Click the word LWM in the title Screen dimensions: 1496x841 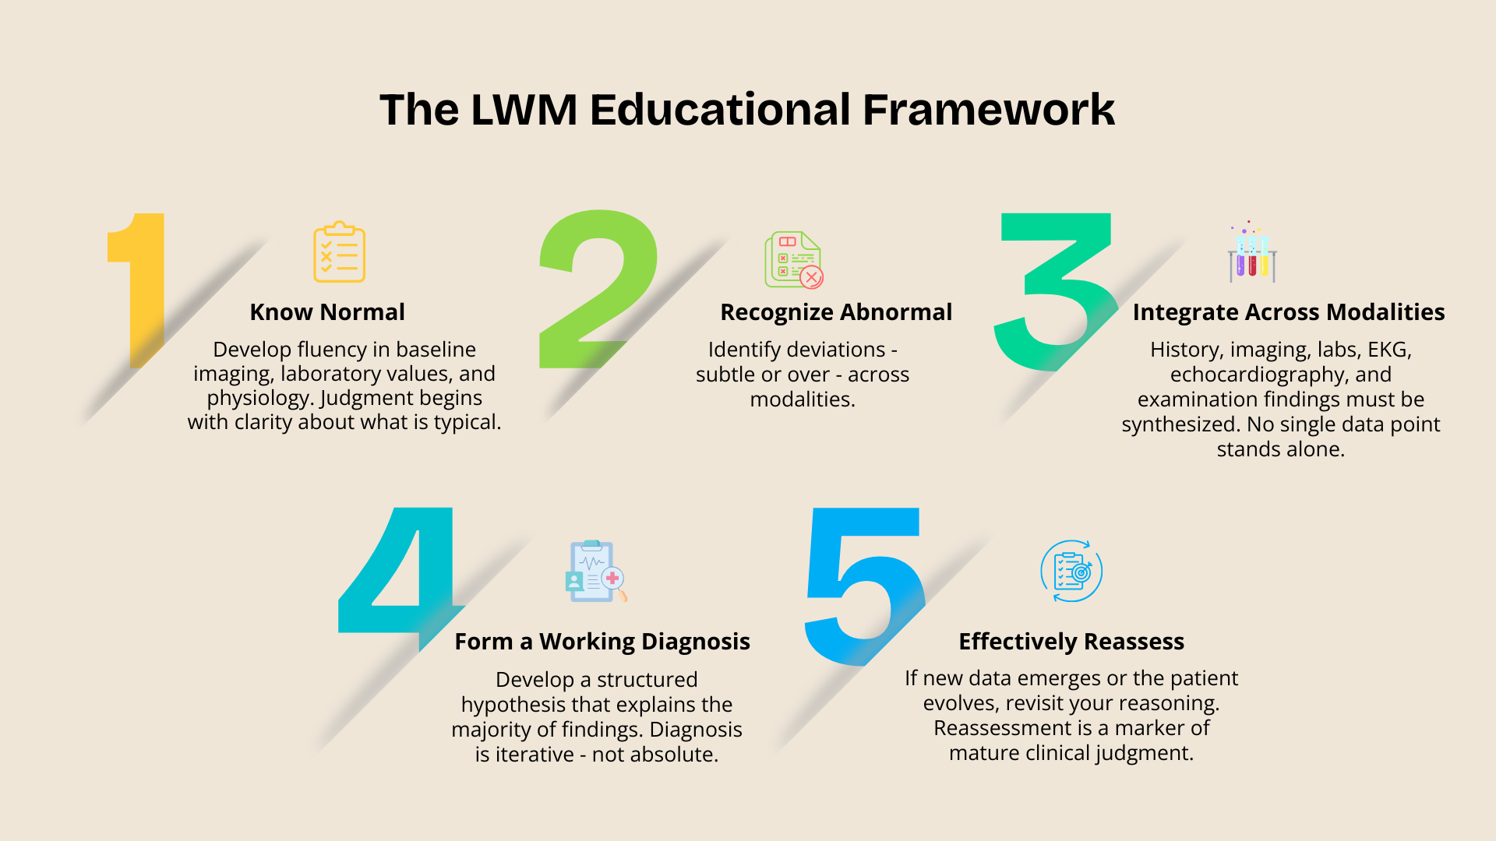(524, 110)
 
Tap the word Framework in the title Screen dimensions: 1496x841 (989, 110)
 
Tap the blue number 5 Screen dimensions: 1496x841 (865, 584)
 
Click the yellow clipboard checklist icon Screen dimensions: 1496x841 (339, 252)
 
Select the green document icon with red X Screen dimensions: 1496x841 (793, 260)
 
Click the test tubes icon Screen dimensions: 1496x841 (1252, 254)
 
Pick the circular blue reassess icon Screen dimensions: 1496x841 (1071, 572)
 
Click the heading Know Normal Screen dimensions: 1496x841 (327, 312)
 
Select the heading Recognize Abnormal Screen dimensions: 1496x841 (836, 312)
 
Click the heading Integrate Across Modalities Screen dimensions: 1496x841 (1289, 312)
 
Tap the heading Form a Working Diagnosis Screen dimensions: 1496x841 (602, 642)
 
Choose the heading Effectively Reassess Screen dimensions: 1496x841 (1071, 642)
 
